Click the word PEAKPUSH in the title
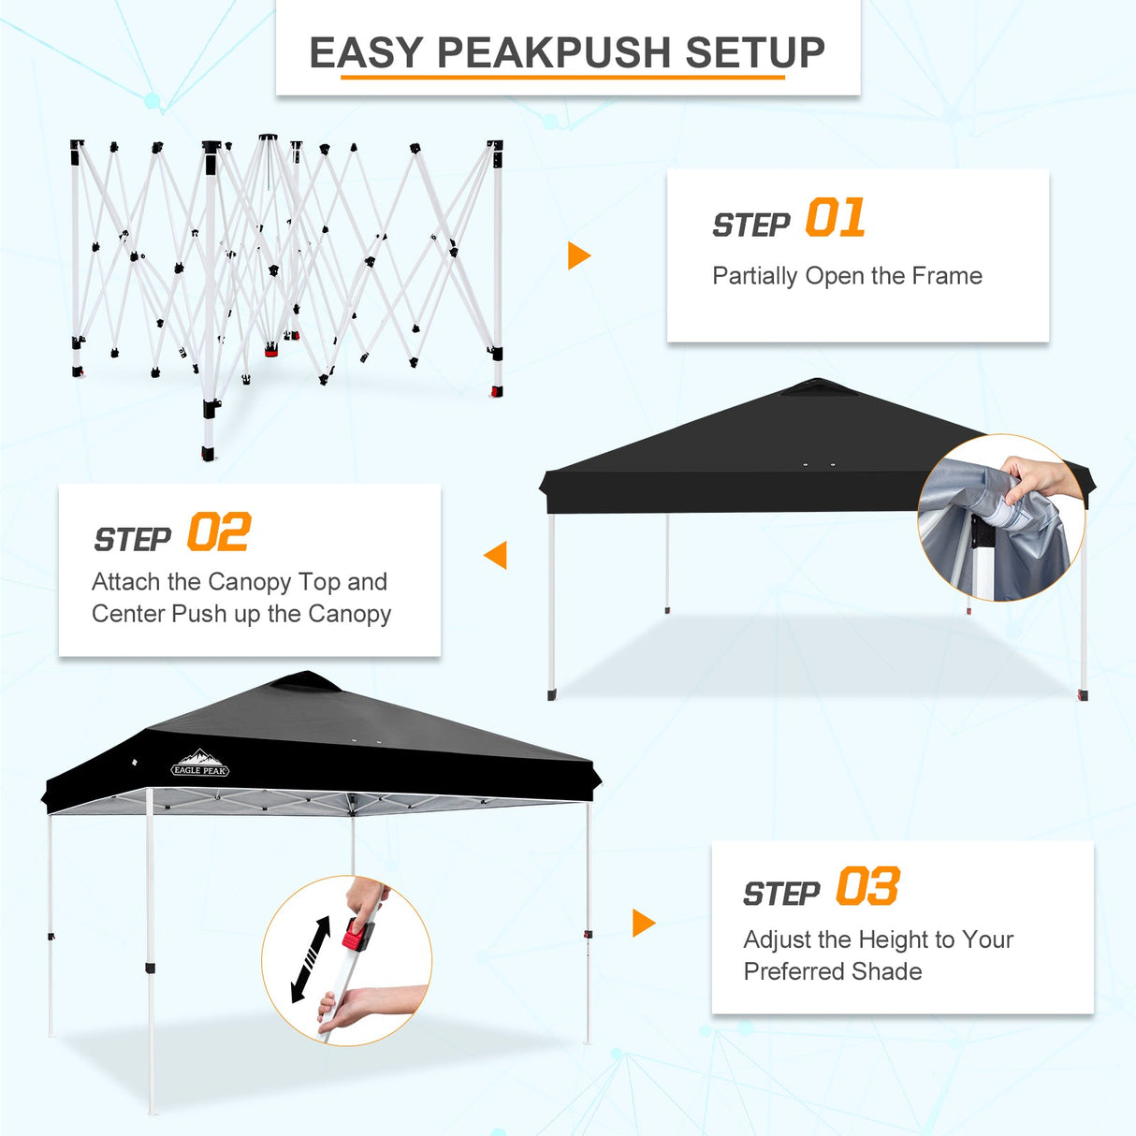[554, 52]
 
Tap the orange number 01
[835, 219]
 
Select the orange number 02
[218, 533]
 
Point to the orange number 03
[867, 887]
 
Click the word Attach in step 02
[126, 582]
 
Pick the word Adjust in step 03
[778, 939]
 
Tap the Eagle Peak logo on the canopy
[200, 765]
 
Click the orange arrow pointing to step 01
[579, 255]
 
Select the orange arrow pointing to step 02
[496, 555]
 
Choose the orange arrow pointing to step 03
[643, 923]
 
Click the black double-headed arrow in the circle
[311, 959]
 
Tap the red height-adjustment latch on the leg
[356, 933]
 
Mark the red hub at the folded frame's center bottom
[272, 350]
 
